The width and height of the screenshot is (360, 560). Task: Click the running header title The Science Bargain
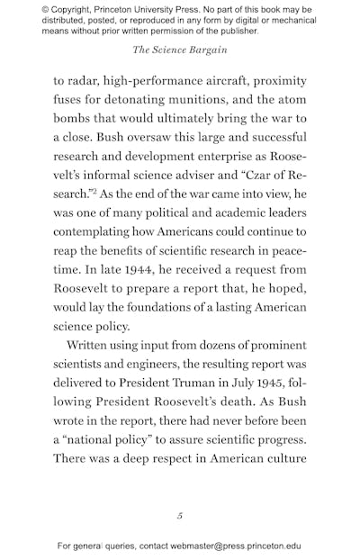(180, 51)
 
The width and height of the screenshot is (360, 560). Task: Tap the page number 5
(180, 516)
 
